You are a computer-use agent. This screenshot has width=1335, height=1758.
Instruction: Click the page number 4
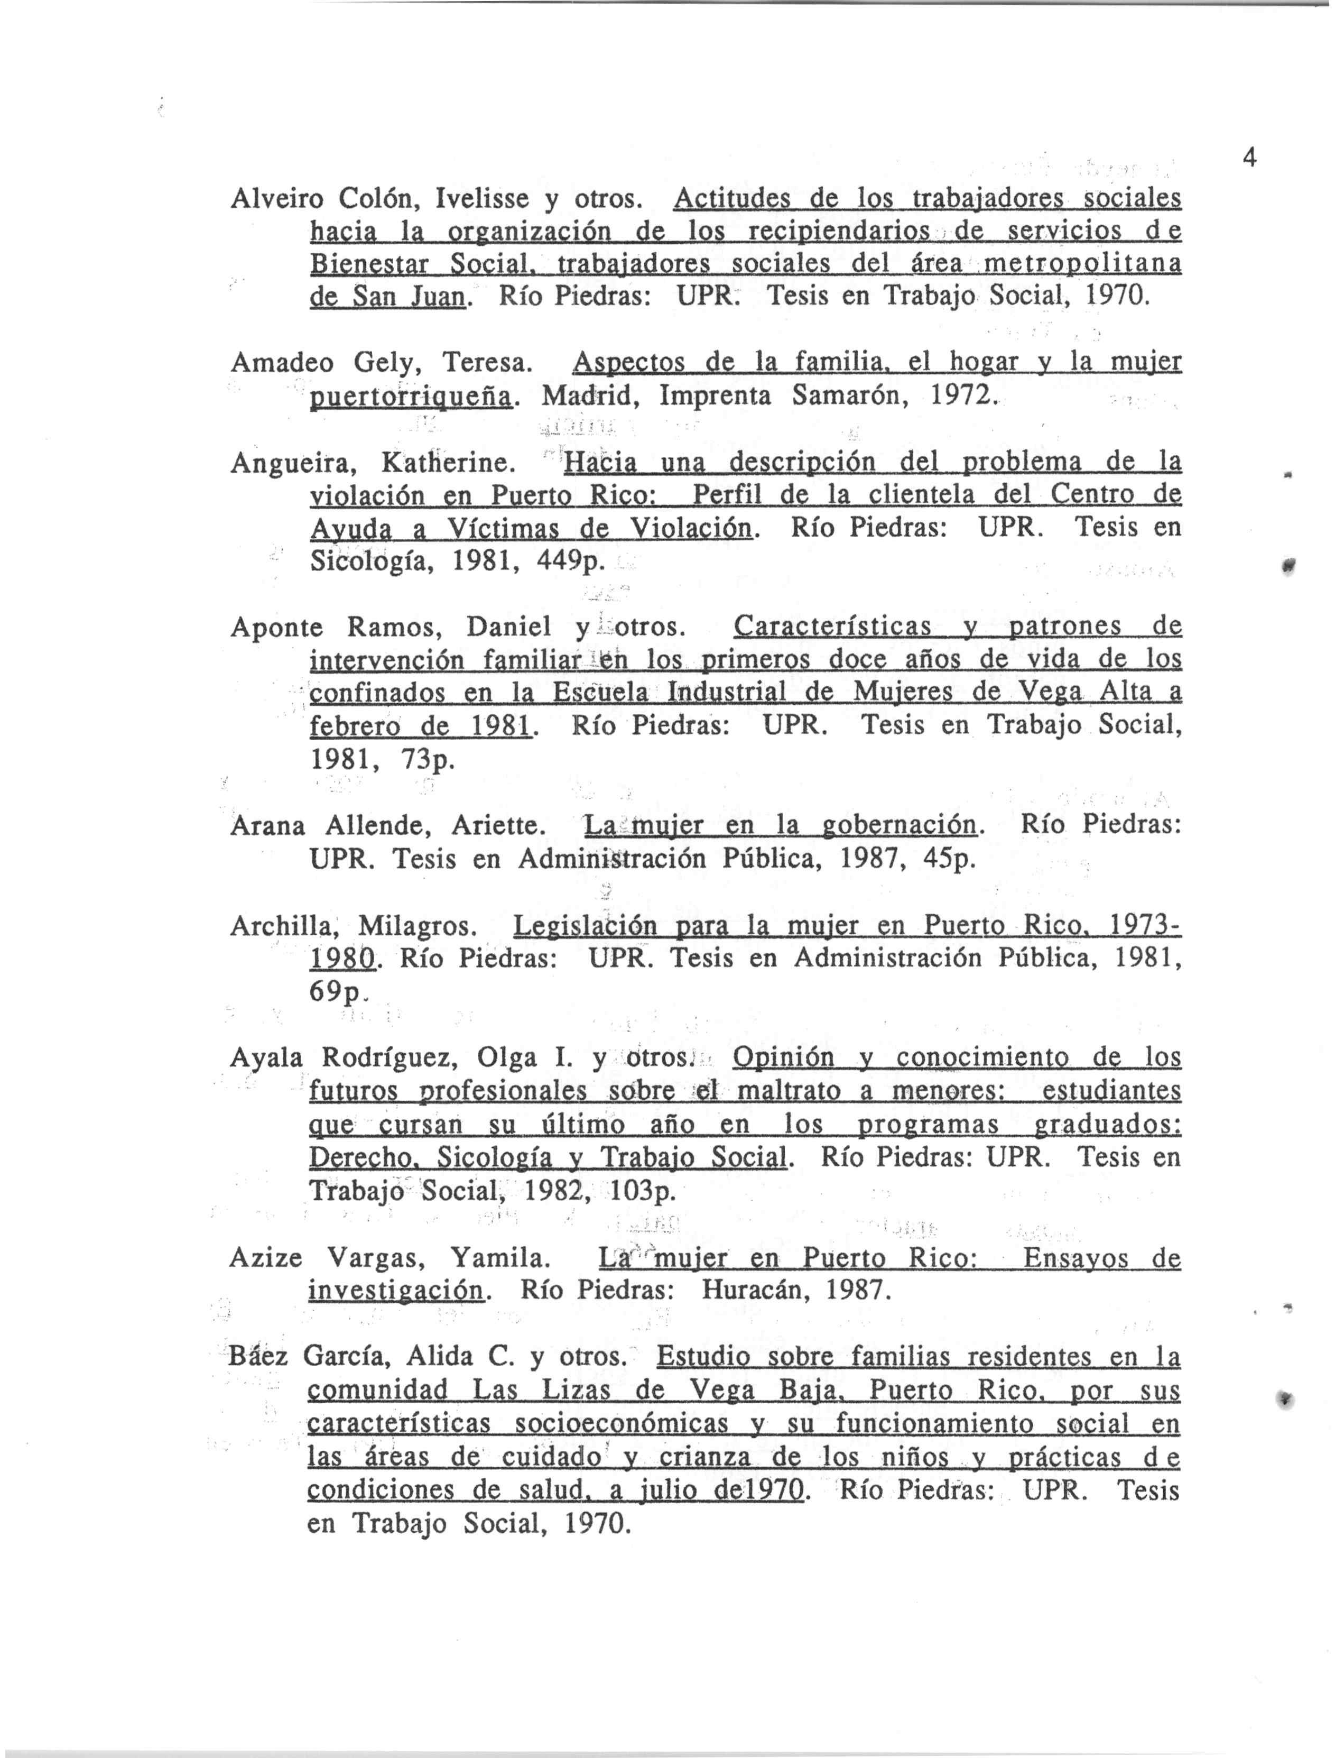point(1248,159)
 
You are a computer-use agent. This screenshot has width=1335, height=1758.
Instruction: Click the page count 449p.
point(571,562)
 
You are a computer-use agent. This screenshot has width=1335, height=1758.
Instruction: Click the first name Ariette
point(497,826)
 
